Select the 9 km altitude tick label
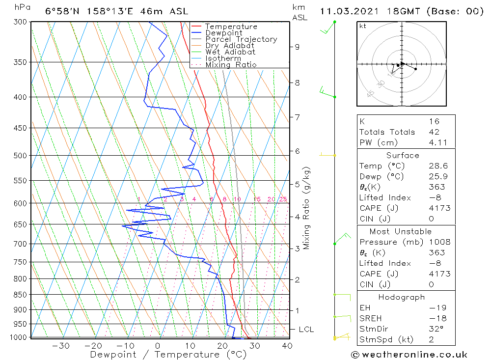pos(297,47)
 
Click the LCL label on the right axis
pos(306,330)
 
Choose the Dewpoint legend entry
pos(223,33)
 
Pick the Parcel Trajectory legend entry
pos(241,39)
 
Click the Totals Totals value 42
pos(434,132)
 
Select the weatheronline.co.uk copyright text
pos(409,355)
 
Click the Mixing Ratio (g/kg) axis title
pos(307,208)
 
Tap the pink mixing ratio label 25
pos(283,199)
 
